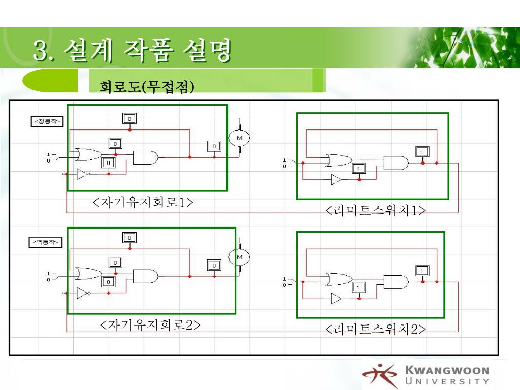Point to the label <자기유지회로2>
(150, 324)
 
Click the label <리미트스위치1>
(375, 210)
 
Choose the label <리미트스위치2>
(375, 330)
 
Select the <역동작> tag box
(45, 242)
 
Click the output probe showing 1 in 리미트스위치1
(422, 151)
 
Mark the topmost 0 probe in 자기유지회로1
(129, 118)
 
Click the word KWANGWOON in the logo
(447, 371)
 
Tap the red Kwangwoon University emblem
(380, 376)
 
